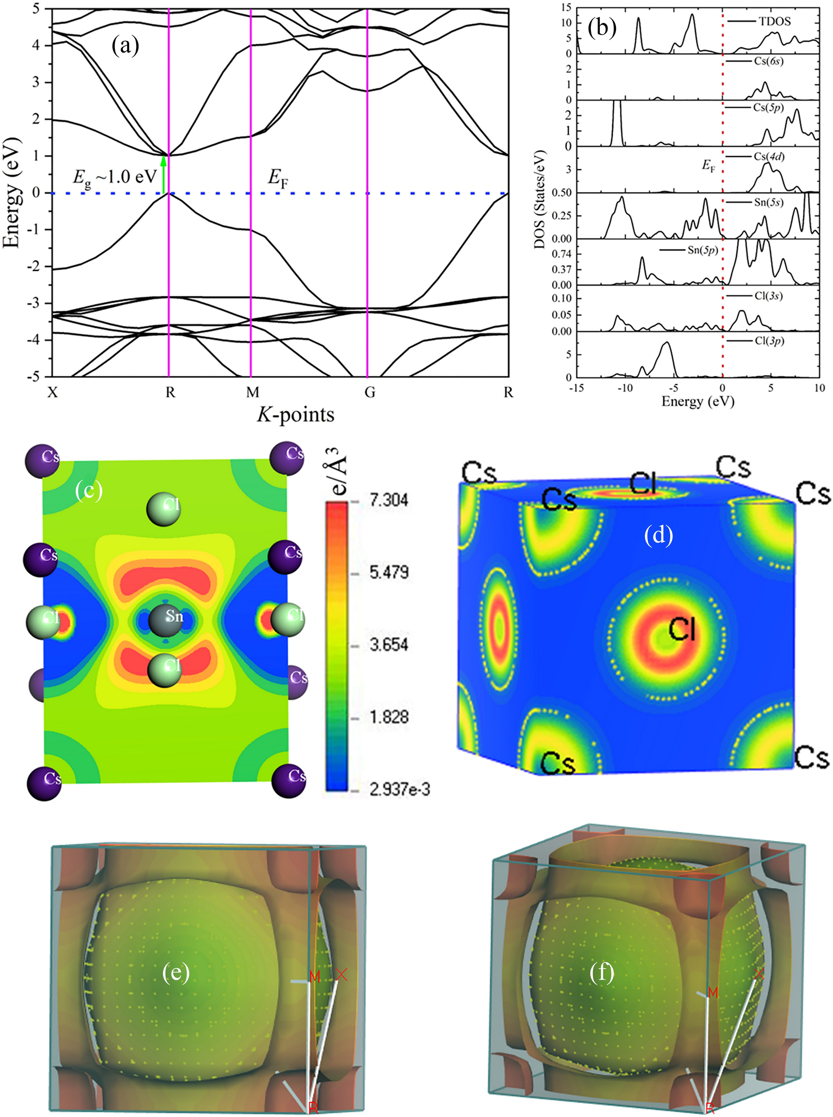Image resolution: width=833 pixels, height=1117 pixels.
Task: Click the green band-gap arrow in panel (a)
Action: tap(163, 175)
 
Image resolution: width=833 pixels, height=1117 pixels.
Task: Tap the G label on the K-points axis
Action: tap(370, 393)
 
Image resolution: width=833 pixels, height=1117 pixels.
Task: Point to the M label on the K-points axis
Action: tap(252, 393)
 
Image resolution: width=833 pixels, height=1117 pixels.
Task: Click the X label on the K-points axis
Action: tap(52, 393)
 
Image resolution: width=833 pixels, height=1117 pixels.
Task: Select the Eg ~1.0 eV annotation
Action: tap(114, 177)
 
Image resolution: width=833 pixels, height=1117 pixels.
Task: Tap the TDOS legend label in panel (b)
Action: tap(774, 21)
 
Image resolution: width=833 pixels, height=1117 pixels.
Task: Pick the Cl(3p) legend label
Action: tap(769, 341)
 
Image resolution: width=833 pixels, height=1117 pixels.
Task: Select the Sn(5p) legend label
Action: tap(703, 250)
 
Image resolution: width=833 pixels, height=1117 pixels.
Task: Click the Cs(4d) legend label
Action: tap(769, 157)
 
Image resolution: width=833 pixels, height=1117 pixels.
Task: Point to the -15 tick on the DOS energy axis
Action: tap(576, 388)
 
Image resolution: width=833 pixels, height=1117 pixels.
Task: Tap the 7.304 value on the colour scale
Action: tap(388, 500)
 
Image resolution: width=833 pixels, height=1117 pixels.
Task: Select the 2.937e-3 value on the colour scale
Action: tap(399, 790)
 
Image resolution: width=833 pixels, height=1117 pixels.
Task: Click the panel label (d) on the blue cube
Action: tap(659, 536)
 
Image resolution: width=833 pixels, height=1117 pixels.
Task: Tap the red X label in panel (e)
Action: tap(341, 974)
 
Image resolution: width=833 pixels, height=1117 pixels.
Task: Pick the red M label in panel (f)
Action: tap(712, 993)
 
